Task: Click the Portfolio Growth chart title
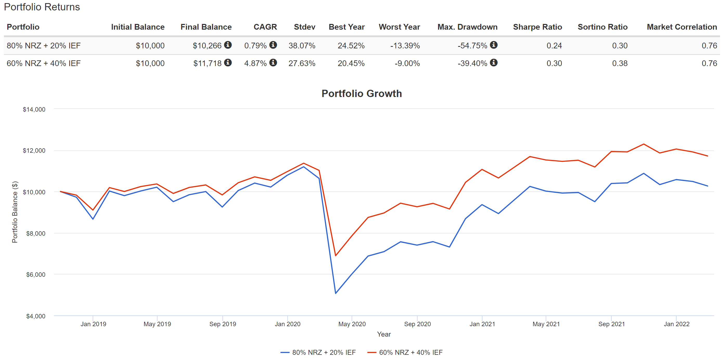point(362,93)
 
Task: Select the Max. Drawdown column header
point(467,27)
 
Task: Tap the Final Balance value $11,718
point(207,63)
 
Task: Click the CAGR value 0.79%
point(255,46)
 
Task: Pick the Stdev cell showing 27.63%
point(302,63)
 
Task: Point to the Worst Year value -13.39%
point(405,46)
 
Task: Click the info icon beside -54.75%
point(494,45)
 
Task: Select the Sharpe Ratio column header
point(537,27)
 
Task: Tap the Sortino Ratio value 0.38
point(619,63)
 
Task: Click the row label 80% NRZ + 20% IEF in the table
point(44,46)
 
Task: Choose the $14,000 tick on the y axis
point(34,110)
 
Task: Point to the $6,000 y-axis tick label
point(36,275)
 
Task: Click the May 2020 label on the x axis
point(352,324)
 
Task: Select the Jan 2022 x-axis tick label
point(676,324)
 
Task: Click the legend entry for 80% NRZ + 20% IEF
point(324,352)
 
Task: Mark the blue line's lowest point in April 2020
point(336,293)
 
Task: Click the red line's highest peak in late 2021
point(644,144)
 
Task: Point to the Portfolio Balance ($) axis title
point(15,212)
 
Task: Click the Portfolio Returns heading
point(42,7)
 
